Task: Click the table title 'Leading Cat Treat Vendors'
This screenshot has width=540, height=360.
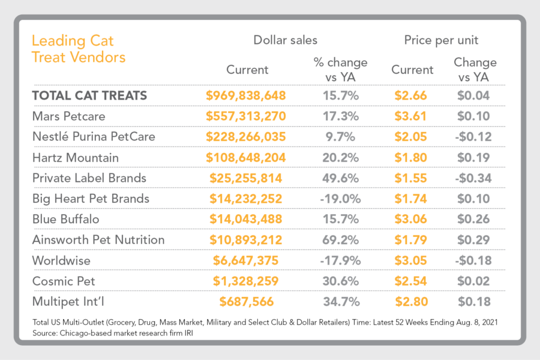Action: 78,49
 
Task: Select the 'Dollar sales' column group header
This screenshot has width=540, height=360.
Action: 285,40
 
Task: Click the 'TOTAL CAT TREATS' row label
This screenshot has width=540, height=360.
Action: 89,95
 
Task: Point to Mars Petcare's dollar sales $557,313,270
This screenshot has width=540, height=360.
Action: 245,116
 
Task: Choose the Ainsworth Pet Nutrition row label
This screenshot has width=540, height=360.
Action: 98,240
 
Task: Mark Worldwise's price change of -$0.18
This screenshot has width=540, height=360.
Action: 474,260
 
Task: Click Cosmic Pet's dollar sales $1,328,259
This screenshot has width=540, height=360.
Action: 245,281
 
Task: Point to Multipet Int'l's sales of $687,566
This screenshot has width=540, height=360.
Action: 245,302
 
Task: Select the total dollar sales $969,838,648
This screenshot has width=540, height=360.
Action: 245,95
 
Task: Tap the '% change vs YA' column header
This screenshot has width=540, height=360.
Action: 340,70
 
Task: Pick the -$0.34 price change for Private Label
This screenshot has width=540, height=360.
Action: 474,178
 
